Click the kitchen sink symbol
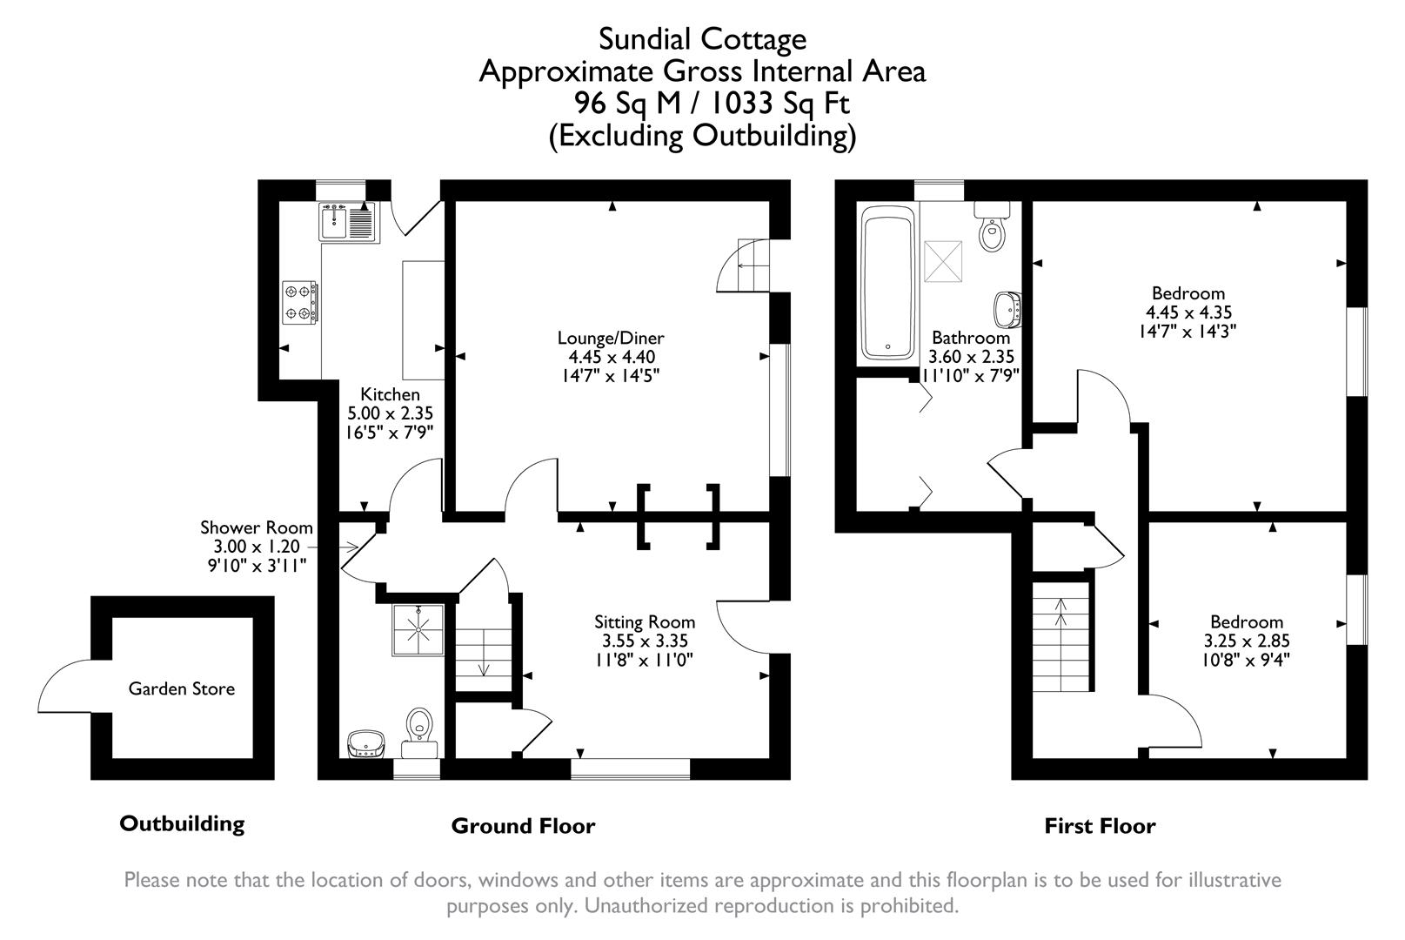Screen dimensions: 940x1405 click(x=346, y=221)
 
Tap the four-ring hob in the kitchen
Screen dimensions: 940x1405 click(x=298, y=302)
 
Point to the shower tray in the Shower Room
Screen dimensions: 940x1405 click(x=419, y=629)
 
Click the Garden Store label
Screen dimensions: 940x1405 click(x=181, y=688)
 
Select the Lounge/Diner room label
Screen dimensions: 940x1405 click(x=611, y=338)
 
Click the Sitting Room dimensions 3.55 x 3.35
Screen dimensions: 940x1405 click(x=645, y=641)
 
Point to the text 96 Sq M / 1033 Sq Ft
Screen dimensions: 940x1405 click(x=711, y=104)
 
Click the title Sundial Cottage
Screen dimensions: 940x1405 click(x=702, y=39)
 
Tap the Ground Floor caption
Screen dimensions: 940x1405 click(x=523, y=826)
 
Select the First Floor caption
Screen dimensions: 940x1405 click(x=1100, y=826)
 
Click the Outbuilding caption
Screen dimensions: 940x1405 click(x=182, y=823)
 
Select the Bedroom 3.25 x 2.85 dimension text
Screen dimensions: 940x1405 click(x=1246, y=641)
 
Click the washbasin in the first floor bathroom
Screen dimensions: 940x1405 click(x=1007, y=307)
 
